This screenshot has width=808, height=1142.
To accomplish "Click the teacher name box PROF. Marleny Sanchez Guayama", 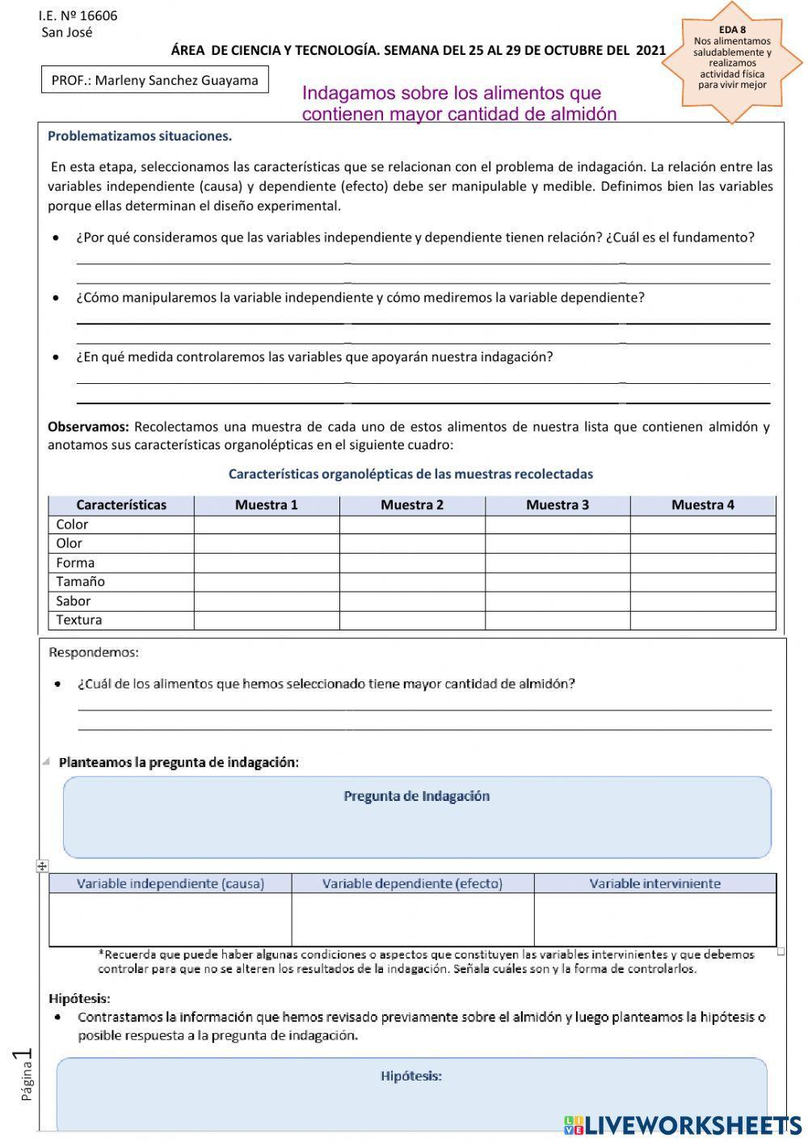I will [x=154, y=80].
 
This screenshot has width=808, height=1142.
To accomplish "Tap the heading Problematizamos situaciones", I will [x=140, y=136].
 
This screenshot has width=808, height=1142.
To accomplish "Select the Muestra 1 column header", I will [x=267, y=505].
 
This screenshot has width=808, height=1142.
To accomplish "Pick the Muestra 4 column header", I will [x=703, y=505].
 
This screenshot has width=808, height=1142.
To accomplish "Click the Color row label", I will [x=73, y=525].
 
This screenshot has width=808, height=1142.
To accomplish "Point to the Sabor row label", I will [x=74, y=600].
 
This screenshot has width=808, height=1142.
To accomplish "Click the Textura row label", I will [x=79, y=620].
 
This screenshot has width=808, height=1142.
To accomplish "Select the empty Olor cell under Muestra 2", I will [x=412, y=544].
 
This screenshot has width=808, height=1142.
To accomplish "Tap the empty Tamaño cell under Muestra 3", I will [x=558, y=582].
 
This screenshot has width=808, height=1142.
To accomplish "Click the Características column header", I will [x=121, y=505].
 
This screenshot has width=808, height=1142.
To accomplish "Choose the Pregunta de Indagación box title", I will [x=417, y=796].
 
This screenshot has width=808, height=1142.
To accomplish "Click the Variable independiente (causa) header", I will [x=170, y=883].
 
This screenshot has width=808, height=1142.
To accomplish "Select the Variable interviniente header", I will [x=654, y=883].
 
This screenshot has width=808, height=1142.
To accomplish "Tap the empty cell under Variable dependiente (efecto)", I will [x=412, y=919].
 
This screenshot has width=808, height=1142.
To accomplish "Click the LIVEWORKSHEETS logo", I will [x=683, y=1125].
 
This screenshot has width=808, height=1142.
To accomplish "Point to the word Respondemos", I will [x=94, y=652].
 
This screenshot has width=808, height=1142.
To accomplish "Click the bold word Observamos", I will [x=88, y=427].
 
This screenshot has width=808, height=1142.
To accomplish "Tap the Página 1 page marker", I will [x=23, y=1075].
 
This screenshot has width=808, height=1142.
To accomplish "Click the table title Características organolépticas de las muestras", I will [x=410, y=474].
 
